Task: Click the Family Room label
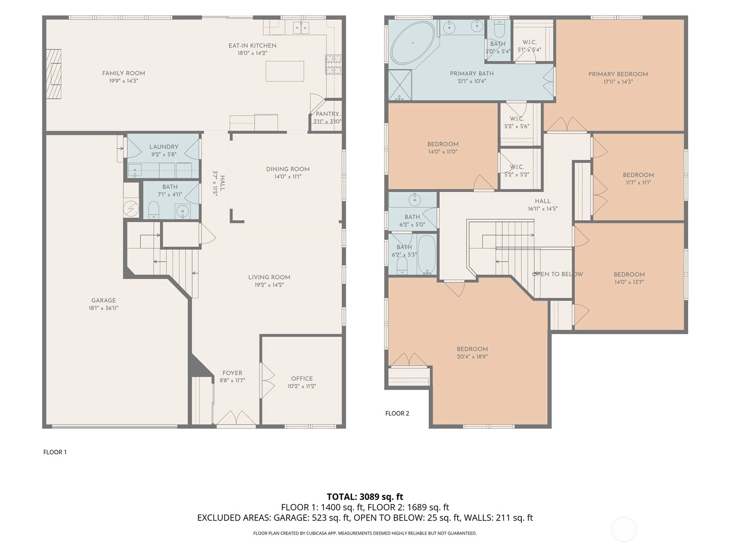pyautogui.click(x=123, y=73)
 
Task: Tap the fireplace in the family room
pyautogui.click(x=53, y=74)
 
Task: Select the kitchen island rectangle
pyautogui.click(x=285, y=71)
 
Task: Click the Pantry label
pyautogui.click(x=327, y=114)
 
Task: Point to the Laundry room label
pyautogui.click(x=164, y=147)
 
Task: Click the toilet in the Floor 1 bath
pyautogui.click(x=154, y=210)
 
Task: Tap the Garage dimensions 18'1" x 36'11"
pyautogui.click(x=104, y=308)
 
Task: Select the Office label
pyautogui.click(x=302, y=379)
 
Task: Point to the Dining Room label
pyautogui.click(x=288, y=169)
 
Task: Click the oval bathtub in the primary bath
pyautogui.click(x=412, y=43)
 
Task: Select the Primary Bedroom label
pyautogui.click(x=618, y=74)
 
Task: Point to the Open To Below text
pyautogui.click(x=558, y=274)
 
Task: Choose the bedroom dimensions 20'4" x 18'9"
pyautogui.click(x=472, y=357)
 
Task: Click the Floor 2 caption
pyautogui.click(x=397, y=413)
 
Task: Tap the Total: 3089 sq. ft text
pyautogui.click(x=365, y=497)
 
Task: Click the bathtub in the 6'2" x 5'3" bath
pyautogui.click(x=426, y=254)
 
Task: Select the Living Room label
pyautogui.click(x=269, y=277)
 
